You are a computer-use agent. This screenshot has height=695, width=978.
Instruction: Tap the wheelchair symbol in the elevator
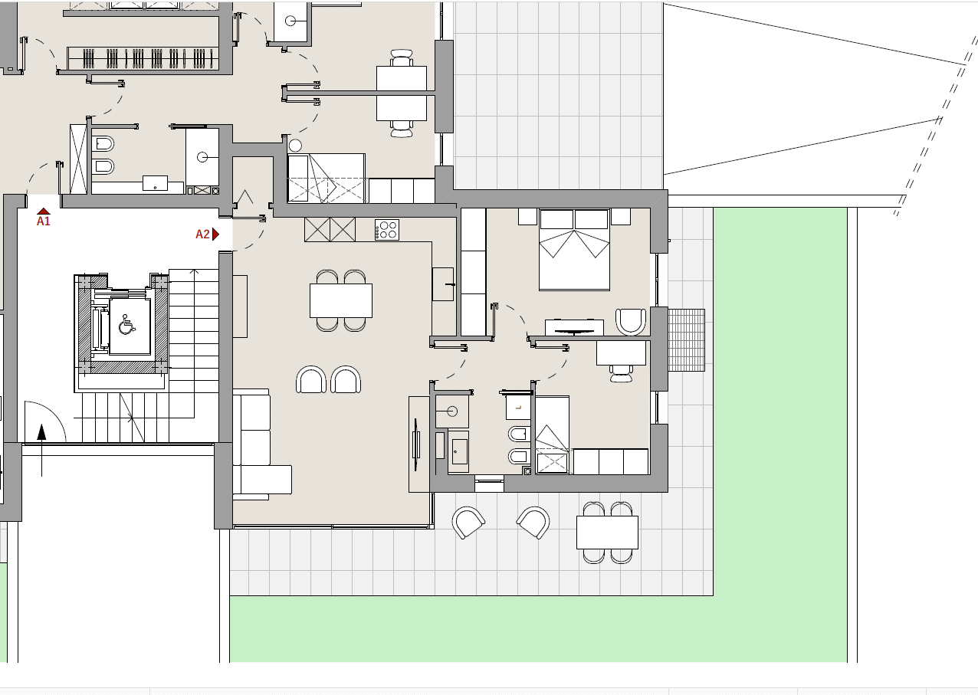pos(126,324)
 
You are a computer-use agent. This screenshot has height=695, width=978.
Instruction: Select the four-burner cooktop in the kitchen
pos(386,230)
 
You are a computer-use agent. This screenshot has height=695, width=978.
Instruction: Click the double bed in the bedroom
pos(574,250)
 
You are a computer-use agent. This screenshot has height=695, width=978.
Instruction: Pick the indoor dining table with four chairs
pos(341,300)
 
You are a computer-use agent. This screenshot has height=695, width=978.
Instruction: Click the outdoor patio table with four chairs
pos(607,532)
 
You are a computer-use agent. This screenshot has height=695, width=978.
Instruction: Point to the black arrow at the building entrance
pos(41,450)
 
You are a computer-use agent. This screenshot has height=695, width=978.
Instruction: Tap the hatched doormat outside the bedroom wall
pos(686,340)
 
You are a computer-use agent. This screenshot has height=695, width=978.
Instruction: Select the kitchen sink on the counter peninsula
pos(443,284)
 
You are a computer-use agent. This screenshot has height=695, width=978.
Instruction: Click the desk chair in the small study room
pos(621,374)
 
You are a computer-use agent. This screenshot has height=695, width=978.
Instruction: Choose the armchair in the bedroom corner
pos(631,322)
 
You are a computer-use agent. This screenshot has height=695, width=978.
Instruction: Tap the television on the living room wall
pos(416,444)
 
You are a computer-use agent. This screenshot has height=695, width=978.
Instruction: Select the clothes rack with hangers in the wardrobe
pos(143,58)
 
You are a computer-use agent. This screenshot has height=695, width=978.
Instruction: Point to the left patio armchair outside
pos(468,522)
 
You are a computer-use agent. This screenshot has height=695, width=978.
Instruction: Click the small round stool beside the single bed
pos(295,145)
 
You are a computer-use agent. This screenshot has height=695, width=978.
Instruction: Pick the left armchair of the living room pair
pos(311,379)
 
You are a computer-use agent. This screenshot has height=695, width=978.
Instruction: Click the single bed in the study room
pos(553,434)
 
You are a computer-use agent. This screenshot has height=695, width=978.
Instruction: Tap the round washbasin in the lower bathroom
pos(452,411)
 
